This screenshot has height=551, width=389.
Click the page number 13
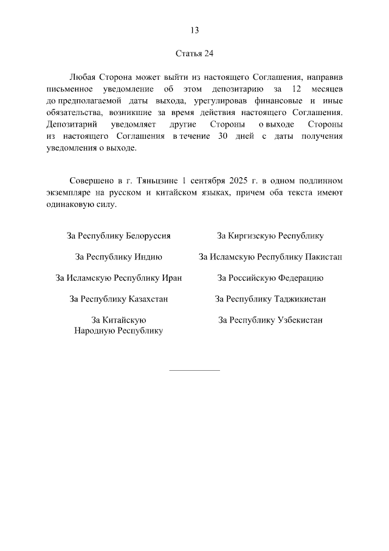tap(194, 30)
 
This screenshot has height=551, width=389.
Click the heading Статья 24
tap(194, 54)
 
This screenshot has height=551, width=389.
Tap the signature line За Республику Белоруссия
tap(119, 236)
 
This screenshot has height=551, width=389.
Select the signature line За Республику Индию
tap(119, 257)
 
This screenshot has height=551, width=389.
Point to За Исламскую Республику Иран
tap(119, 278)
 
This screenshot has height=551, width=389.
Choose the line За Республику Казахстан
tap(119, 299)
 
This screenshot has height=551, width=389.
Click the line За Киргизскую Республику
tap(270, 236)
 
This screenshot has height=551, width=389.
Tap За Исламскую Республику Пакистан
tap(270, 257)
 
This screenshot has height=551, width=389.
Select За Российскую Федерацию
tap(270, 278)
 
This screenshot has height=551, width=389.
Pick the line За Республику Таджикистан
tap(270, 299)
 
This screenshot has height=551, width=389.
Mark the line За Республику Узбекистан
tap(270, 320)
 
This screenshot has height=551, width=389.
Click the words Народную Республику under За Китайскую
tap(119, 331)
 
